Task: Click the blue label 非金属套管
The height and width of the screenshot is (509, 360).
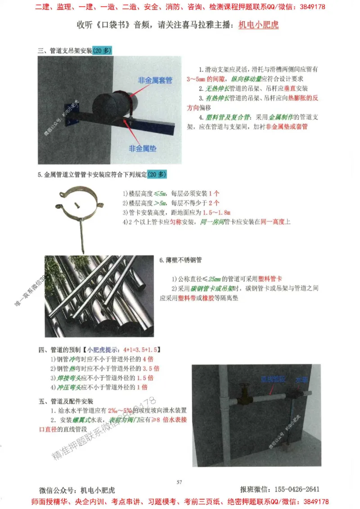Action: pyautogui.click(x=155, y=80)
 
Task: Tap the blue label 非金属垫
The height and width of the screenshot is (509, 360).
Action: pyautogui.click(x=143, y=148)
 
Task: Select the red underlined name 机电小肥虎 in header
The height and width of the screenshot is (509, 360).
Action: pyautogui.click(x=258, y=25)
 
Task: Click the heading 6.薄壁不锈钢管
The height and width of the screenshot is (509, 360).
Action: pyautogui.click(x=180, y=260)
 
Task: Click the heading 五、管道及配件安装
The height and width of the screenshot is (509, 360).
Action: pyautogui.click(x=66, y=401)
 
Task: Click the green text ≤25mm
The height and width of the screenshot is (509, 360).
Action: pyautogui.click(x=211, y=279)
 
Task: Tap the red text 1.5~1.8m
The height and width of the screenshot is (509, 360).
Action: pyautogui.click(x=214, y=212)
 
